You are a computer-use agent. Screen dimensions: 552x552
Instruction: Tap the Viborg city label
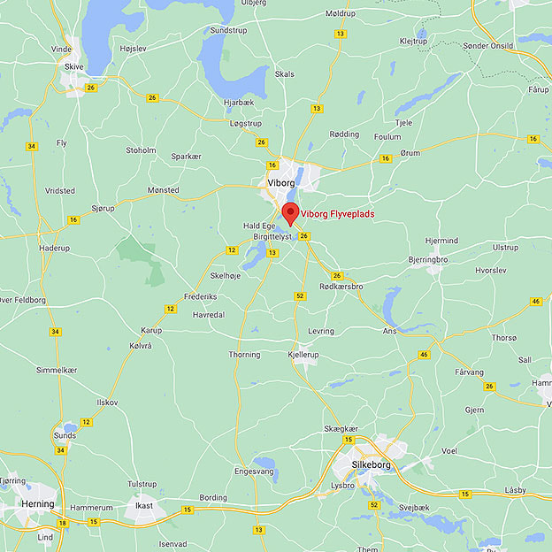pyautogui.click(x=280, y=183)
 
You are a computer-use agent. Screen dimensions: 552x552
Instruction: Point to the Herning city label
pyautogui.click(x=38, y=504)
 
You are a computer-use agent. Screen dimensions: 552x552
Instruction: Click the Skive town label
pyautogui.click(x=73, y=66)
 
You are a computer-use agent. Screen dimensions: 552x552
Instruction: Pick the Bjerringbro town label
pyautogui.click(x=428, y=260)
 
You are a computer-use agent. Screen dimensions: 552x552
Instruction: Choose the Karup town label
pyautogui.click(x=151, y=331)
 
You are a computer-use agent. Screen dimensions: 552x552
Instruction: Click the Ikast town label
pyautogui.click(x=143, y=506)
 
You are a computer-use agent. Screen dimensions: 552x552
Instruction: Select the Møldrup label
pyautogui.click(x=341, y=14)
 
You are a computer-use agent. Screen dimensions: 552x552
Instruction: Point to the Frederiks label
pyautogui.click(x=199, y=296)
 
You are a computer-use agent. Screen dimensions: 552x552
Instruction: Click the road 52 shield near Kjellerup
pyautogui.click(x=301, y=295)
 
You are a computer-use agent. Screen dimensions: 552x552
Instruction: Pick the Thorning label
pyautogui.click(x=244, y=355)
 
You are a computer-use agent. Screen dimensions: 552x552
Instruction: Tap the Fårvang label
pyautogui.click(x=469, y=372)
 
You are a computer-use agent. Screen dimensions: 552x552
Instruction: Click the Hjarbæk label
pyautogui.click(x=239, y=102)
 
